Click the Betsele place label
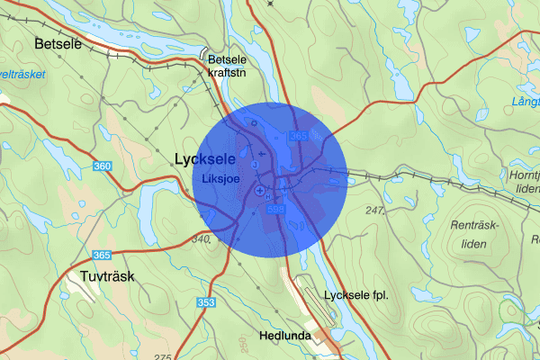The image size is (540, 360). [x=58, y=43]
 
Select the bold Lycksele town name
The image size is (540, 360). [x=204, y=158]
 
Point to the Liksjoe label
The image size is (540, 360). [x=225, y=178]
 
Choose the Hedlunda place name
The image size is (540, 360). [x=284, y=336]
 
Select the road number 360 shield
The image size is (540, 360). [x=103, y=166]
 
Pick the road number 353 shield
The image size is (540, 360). [x=206, y=302]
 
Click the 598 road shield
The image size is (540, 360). [x=276, y=209]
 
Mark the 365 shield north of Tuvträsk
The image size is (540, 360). [x=102, y=256]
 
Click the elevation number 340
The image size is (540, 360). [x=200, y=239]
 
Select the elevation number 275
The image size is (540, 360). [x=163, y=356]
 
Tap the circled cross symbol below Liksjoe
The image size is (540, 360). [x=260, y=192]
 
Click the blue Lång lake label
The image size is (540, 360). [x=524, y=102]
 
